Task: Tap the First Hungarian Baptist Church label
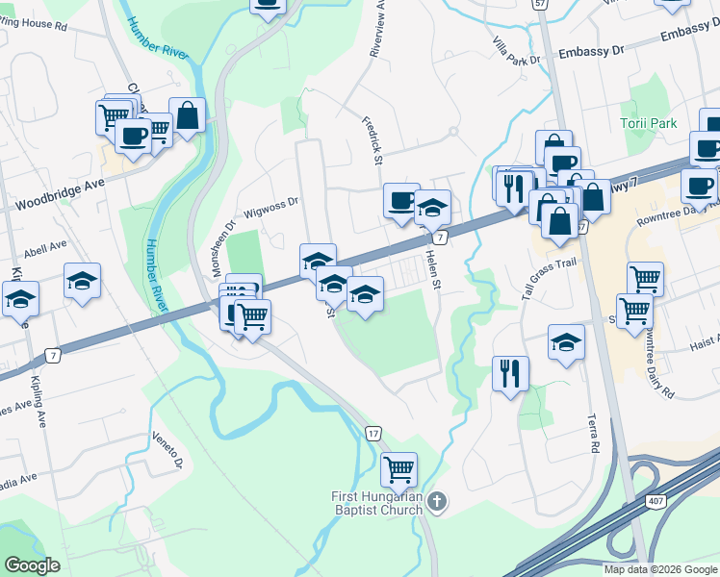point(376,503)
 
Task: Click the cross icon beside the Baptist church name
point(437,501)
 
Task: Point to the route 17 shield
point(373,434)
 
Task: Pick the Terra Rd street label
point(593,435)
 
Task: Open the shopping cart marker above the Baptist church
point(399,469)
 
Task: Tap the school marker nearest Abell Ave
point(83,280)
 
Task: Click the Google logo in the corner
point(32,565)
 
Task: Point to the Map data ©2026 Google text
point(659,569)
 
